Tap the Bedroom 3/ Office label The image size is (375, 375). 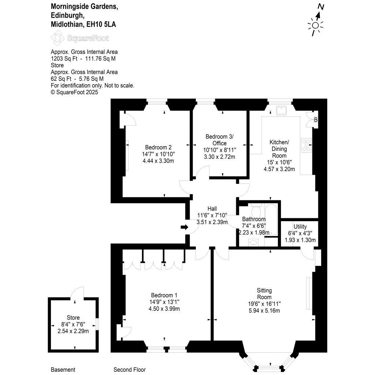219,140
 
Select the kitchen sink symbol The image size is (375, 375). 282,110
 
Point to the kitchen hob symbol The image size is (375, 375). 306,145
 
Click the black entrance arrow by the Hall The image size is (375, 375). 185,227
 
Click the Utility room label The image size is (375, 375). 300,227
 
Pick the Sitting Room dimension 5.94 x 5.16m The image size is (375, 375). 264,311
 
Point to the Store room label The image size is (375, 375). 73,318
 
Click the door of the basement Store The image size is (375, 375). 78,293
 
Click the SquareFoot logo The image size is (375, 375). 80,38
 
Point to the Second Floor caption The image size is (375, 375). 129,370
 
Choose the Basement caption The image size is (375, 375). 63,370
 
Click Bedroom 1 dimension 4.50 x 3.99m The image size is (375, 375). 164,309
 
